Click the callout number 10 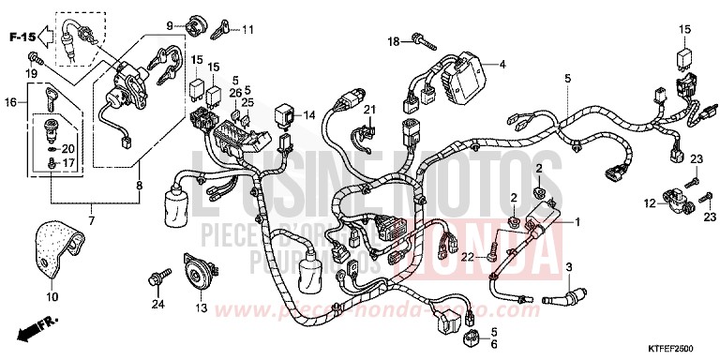coord(52,297)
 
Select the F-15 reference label coord(23,37)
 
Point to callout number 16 coord(10,101)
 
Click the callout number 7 coord(90,218)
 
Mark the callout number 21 coord(369,111)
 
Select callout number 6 coord(493,344)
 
